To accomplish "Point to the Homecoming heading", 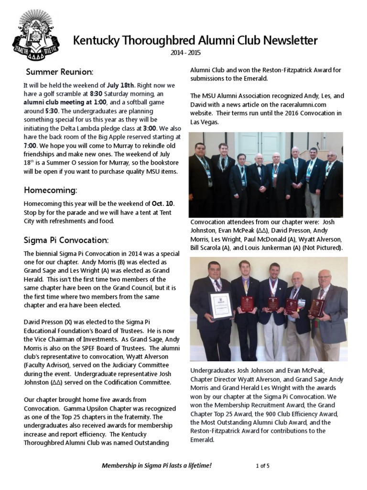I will point(50,190).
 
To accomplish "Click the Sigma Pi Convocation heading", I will point(66,239).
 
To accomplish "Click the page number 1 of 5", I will point(262,465).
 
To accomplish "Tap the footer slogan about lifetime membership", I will point(157,465).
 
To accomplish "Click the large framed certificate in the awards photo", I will point(221,305).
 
